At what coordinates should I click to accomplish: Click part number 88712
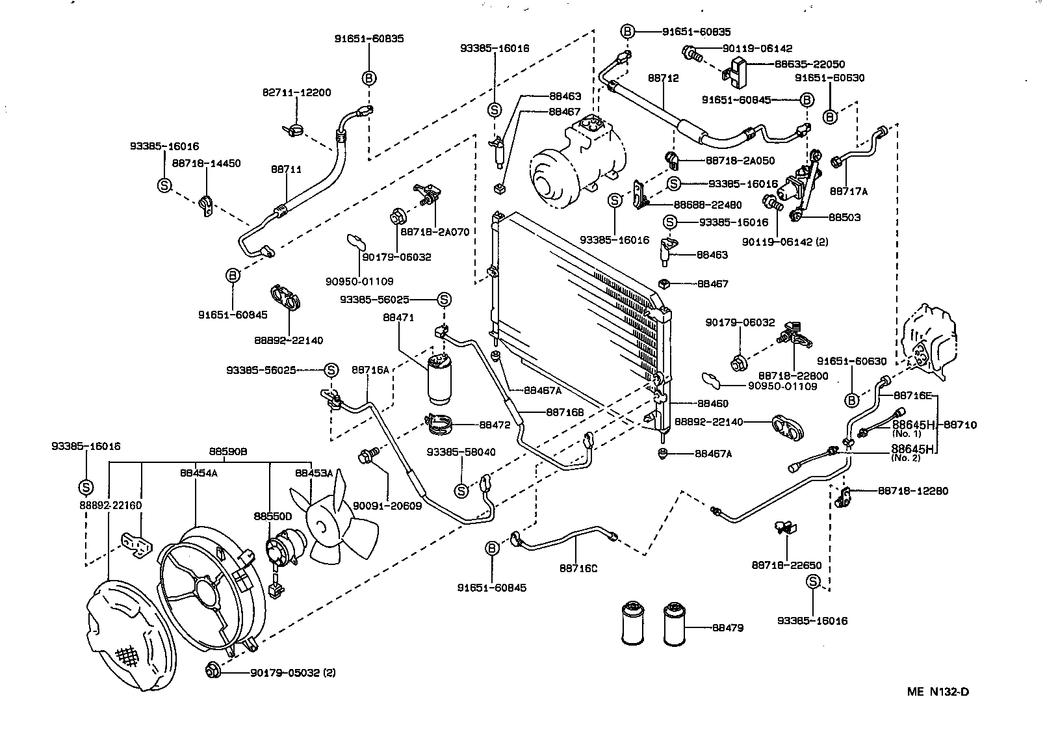[x=663, y=78]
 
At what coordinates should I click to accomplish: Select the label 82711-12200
[x=297, y=92]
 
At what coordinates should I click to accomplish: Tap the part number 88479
[x=728, y=628]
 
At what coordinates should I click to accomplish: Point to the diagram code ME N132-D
[x=938, y=691]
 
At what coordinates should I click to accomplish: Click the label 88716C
[x=578, y=568]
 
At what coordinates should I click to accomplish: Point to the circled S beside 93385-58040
[x=461, y=490]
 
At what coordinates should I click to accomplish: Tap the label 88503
[x=845, y=217]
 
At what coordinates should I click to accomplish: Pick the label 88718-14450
[x=207, y=163]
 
